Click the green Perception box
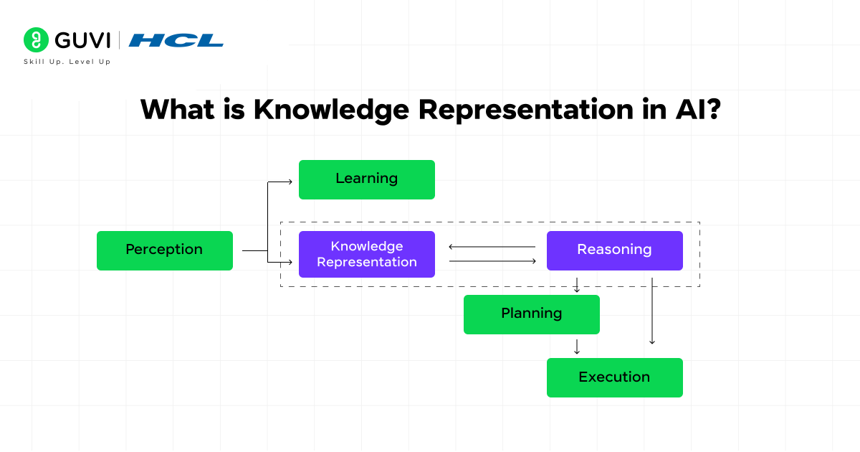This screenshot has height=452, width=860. (x=164, y=250)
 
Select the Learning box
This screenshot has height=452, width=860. (x=366, y=179)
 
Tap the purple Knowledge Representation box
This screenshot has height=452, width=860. (x=366, y=254)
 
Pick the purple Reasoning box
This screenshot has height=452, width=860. (x=614, y=250)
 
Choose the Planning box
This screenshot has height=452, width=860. (x=531, y=314)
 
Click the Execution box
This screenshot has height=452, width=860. (x=614, y=377)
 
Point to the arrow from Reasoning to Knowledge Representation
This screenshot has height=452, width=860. (x=492, y=247)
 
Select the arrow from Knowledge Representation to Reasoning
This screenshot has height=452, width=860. (x=492, y=261)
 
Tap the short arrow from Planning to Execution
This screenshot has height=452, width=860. (x=576, y=347)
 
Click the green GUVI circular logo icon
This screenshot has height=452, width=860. (x=35, y=39)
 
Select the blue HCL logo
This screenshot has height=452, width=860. (x=176, y=40)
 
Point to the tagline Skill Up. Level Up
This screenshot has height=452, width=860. (x=67, y=62)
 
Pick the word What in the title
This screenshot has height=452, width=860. (x=175, y=110)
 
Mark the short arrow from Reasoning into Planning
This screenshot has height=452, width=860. (x=576, y=286)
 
